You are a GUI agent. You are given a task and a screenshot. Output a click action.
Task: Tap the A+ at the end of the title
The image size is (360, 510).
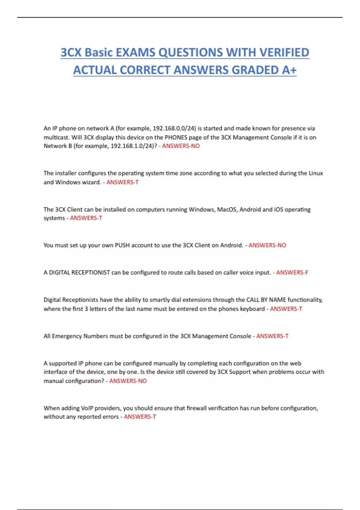(289, 70)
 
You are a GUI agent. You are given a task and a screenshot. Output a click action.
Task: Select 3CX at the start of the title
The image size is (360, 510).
(71, 52)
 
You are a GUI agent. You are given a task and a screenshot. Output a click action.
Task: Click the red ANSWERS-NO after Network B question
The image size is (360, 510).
(181, 146)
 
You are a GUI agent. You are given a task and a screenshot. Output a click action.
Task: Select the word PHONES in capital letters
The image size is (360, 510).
(176, 137)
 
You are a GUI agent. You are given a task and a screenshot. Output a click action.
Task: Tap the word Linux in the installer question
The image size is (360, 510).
(316, 173)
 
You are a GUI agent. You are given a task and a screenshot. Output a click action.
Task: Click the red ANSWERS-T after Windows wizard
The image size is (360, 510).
(122, 182)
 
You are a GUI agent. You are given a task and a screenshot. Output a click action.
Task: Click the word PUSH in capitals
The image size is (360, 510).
(122, 245)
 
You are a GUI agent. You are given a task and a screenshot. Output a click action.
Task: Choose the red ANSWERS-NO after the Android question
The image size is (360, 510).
(267, 245)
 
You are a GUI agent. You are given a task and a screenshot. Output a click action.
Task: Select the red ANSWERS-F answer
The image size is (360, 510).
(292, 273)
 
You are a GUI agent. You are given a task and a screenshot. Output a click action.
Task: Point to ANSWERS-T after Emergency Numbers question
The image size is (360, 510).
(272, 336)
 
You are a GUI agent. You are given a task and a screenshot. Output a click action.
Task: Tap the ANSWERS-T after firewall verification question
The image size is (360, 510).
(140, 417)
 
